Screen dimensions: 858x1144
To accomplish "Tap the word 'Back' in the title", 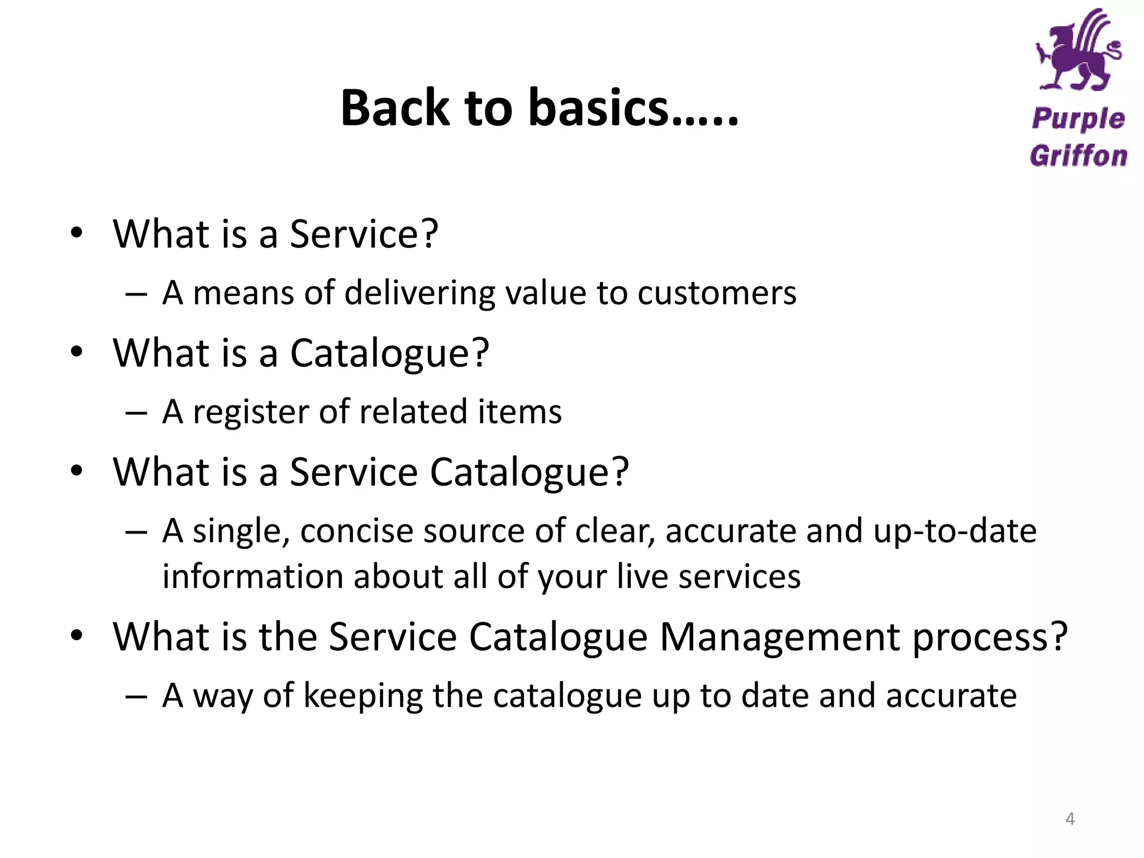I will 395,108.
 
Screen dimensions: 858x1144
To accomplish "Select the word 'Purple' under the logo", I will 1078,120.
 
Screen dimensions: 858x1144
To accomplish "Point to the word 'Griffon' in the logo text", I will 1078,156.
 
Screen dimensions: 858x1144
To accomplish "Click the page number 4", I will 1070,819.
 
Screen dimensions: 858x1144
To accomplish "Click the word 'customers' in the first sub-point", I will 717,293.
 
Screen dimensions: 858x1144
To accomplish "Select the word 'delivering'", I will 420,293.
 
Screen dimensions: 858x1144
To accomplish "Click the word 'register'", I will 251,412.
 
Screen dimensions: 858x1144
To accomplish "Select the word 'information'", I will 252,576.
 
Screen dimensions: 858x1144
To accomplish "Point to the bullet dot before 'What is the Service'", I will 77,636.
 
